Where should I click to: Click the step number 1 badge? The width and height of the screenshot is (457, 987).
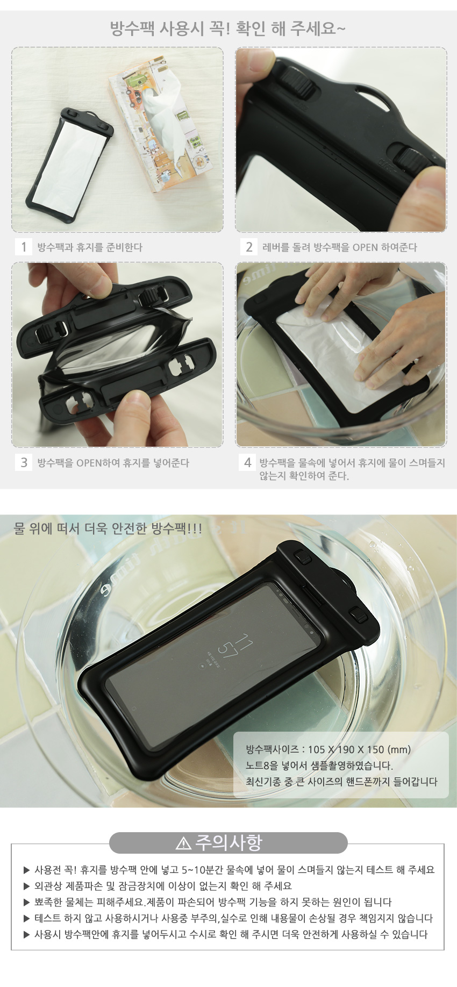coord(24,247)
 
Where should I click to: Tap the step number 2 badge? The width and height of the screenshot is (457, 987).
coord(249,247)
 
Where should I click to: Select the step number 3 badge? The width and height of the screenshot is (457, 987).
coord(24,462)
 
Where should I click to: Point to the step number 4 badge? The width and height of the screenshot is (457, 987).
coord(247,462)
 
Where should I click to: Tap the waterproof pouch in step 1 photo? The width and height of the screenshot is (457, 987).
coord(69,164)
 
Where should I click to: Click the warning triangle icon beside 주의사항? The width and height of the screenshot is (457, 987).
coord(183,843)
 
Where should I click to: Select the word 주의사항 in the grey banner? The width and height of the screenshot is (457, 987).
coord(228,842)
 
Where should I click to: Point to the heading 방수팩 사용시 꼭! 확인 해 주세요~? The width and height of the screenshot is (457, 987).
coord(227,28)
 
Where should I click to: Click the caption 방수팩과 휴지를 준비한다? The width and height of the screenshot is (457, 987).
coord(90,247)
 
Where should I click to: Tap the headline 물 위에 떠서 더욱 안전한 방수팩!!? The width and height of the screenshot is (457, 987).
coord(108,528)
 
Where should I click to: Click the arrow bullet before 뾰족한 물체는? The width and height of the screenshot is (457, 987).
coord(27,902)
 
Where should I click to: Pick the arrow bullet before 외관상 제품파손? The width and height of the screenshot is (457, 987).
coord(27,886)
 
